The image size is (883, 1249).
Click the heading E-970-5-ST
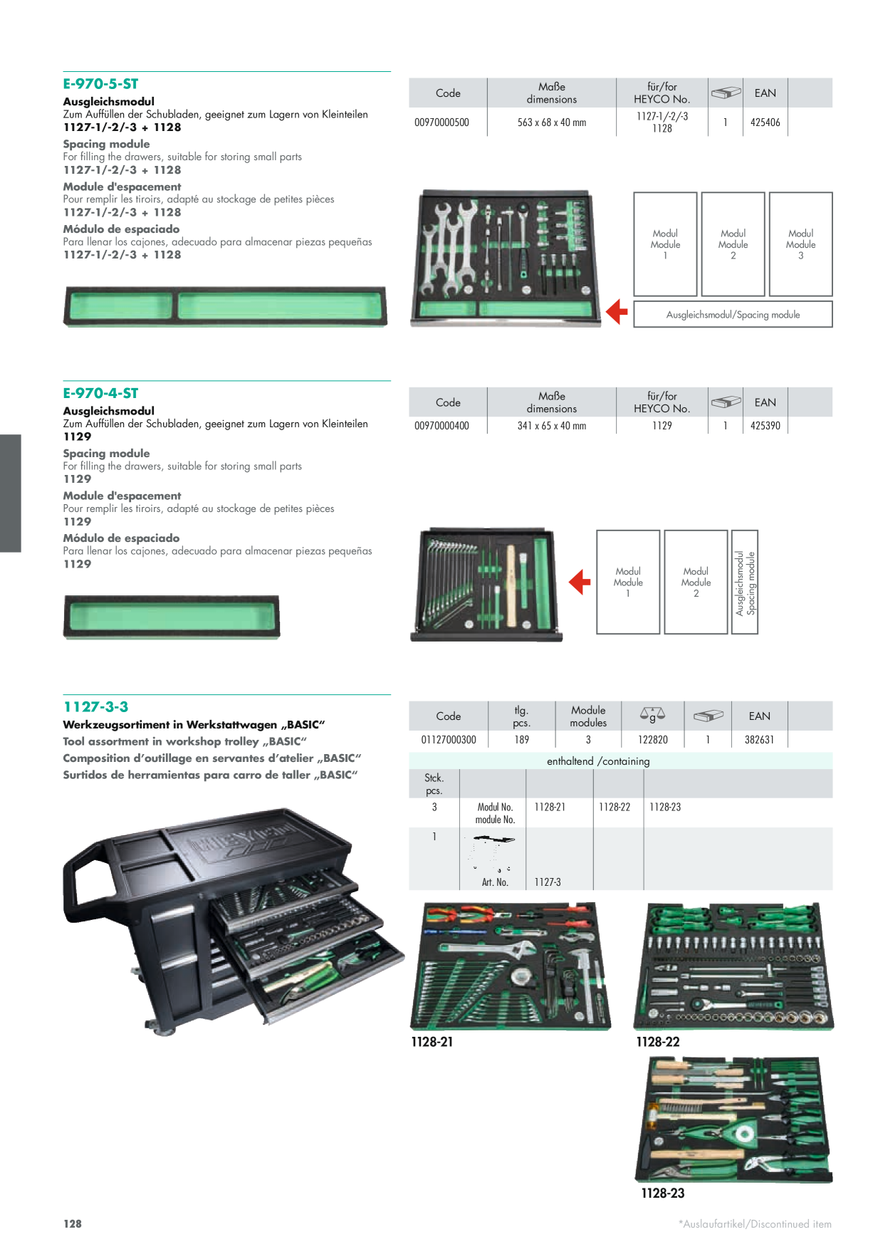pyautogui.click(x=100, y=84)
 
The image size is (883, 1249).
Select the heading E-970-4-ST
pyautogui.click(x=100, y=393)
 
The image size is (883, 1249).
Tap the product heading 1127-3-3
pyautogui.click(x=95, y=706)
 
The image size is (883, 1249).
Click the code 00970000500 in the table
pyautogui.click(x=441, y=122)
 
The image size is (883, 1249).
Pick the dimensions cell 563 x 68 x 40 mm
pyautogui.click(x=552, y=122)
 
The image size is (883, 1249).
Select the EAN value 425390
pyautogui.click(x=766, y=426)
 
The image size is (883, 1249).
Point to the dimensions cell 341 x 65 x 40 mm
pyautogui.click(x=552, y=426)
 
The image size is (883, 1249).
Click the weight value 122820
pyautogui.click(x=653, y=740)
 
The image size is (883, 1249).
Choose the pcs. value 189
pyautogui.click(x=522, y=740)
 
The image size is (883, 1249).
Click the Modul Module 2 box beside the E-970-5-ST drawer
pyautogui.click(x=733, y=244)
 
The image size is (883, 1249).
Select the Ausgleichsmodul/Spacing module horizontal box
pyautogui.click(x=733, y=314)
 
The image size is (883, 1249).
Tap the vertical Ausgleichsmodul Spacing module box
pyautogui.click(x=745, y=582)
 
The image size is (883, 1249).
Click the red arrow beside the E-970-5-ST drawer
pyautogui.click(x=617, y=312)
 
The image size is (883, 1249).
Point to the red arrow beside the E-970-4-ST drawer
pyautogui.click(x=580, y=582)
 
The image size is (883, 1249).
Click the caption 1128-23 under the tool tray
pyautogui.click(x=662, y=1193)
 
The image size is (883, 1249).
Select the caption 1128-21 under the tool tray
pyautogui.click(x=432, y=1042)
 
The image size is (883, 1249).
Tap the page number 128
pyautogui.click(x=72, y=1223)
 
